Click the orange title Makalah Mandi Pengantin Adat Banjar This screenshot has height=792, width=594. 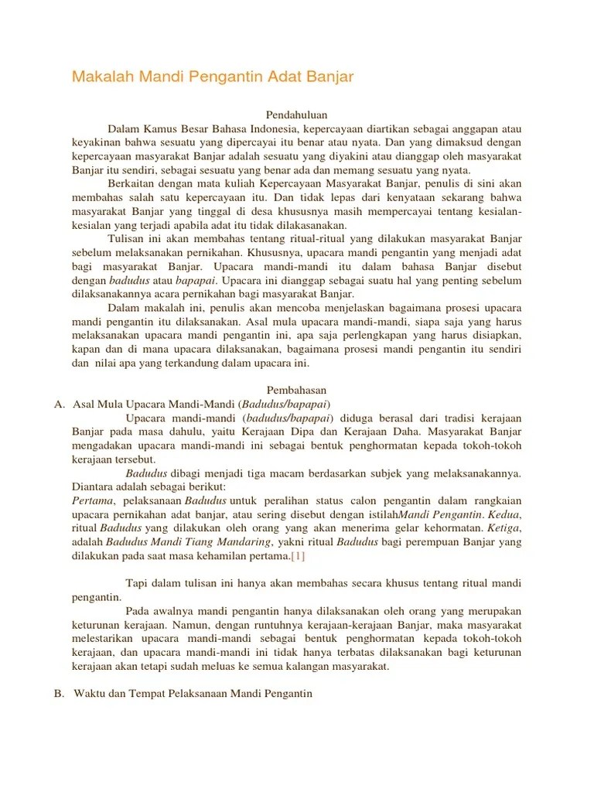213,77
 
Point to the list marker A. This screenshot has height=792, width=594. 59,404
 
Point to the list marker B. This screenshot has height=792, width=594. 59,693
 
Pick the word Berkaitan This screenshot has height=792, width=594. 131,184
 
